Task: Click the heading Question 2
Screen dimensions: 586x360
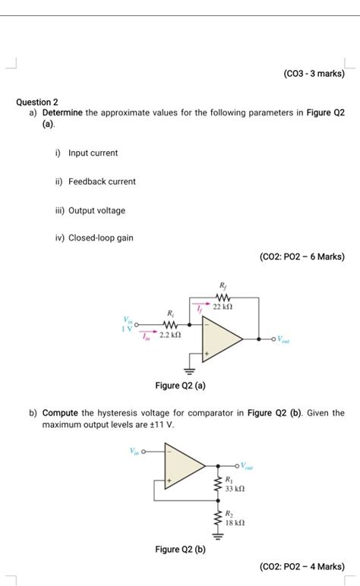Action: [37, 102]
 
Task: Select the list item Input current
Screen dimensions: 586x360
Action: [93, 153]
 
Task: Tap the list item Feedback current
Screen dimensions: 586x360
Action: [102, 182]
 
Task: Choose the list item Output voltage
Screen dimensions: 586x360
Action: [96, 210]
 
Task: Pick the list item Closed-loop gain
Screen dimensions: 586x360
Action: [100, 238]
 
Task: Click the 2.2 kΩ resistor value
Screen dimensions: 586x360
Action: [169, 334]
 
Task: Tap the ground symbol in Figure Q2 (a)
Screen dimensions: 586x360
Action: [202, 372]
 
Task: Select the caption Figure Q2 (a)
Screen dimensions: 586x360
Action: [180, 386]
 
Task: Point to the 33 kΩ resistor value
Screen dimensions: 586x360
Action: [234, 490]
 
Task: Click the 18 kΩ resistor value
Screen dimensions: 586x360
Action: [234, 523]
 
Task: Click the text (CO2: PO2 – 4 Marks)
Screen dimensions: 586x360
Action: [302, 566]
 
